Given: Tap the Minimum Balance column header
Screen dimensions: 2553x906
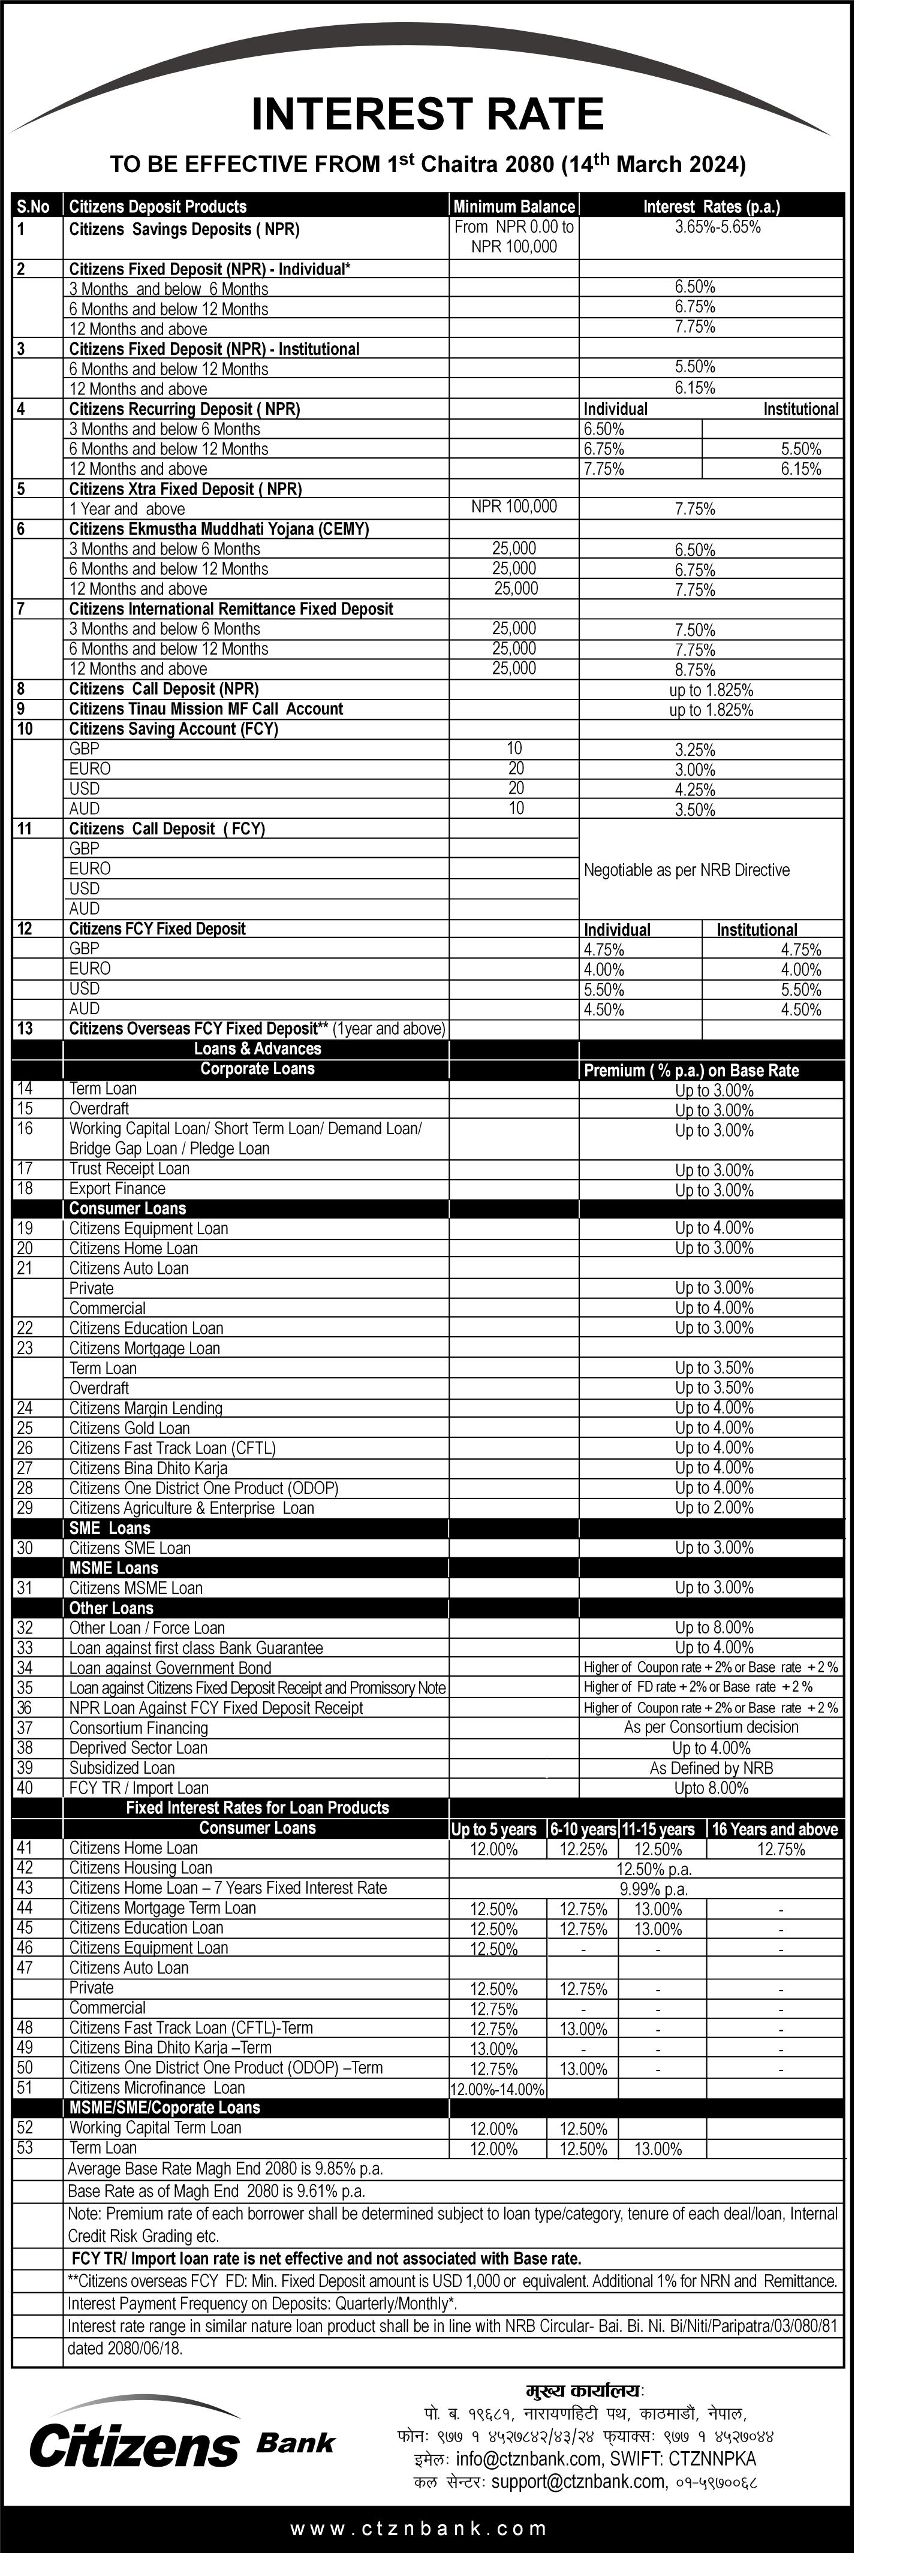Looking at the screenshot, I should tap(513, 206).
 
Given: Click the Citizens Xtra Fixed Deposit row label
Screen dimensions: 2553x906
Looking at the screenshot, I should tap(185, 489).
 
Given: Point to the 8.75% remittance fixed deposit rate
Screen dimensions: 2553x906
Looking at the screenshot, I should tap(695, 670).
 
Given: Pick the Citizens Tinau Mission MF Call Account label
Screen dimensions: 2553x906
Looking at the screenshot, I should tap(206, 709).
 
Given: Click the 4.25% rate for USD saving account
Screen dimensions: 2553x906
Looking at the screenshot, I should tap(695, 790).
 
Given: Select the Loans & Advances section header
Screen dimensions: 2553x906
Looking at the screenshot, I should tap(258, 1048).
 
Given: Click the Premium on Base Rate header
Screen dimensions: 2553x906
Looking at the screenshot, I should tap(691, 1071).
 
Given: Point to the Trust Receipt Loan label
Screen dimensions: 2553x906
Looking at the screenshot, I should tap(129, 1168).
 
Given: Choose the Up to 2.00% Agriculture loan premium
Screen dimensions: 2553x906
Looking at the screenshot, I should tap(714, 1508).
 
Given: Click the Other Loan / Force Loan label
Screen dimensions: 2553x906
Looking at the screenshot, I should tap(147, 1627).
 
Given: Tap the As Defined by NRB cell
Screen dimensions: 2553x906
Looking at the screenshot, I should tap(711, 1768).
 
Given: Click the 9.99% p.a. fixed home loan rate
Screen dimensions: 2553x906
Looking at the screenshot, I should tap(653, 1889).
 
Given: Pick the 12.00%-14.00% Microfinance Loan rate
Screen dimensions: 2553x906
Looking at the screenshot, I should tap(498, 2089).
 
